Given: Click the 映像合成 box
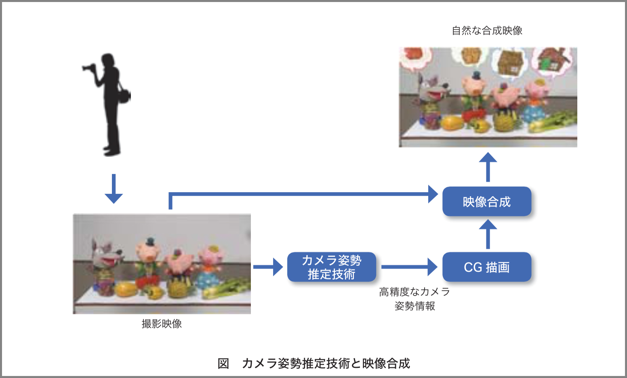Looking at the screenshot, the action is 487,202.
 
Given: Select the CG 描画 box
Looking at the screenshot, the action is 487,267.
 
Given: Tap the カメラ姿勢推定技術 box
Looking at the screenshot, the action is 332,267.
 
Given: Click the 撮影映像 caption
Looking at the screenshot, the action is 162,324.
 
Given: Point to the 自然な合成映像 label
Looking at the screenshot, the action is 487,31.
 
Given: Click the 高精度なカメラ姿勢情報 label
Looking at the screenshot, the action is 414,299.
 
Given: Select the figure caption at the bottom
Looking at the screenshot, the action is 314,363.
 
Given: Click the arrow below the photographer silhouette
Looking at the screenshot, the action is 114,189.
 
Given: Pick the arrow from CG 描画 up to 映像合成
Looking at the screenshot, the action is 488,234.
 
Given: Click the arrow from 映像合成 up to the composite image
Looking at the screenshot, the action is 488,167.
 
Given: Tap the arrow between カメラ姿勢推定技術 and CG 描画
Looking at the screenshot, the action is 409,267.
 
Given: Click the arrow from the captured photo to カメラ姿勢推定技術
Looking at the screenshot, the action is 268,267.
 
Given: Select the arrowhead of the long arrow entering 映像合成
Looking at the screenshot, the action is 433,194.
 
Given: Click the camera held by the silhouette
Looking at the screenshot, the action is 89,67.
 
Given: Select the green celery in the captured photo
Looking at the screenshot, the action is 227,288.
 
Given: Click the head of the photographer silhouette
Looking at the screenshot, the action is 108,61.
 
